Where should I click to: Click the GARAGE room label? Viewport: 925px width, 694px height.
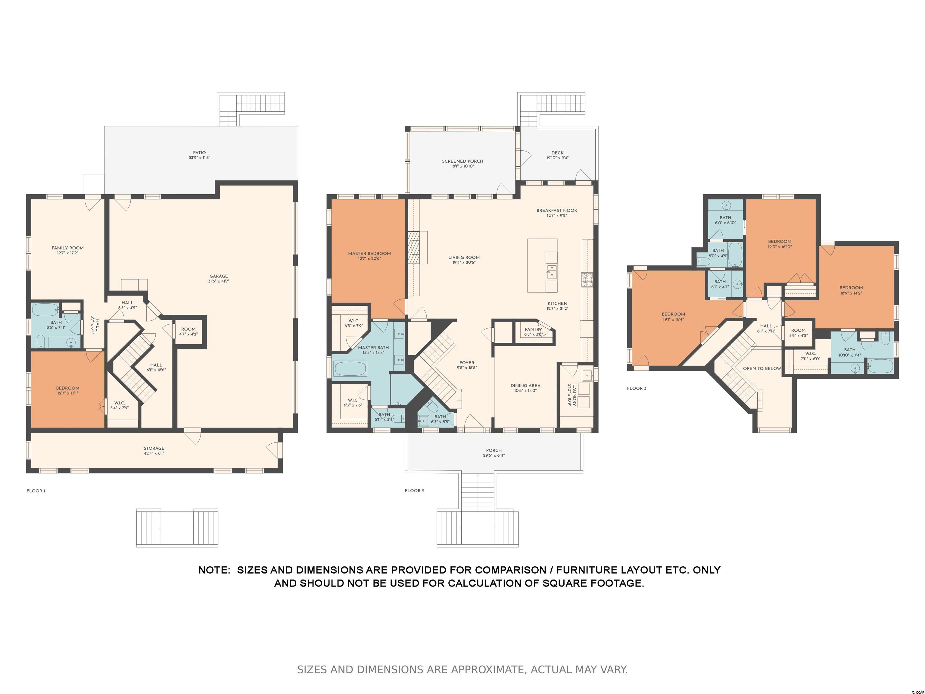click(x=219, y=276)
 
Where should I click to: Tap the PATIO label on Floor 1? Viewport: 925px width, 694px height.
click(x=199, y=153)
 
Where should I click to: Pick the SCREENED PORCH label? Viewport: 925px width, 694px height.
click(x=462, y=161)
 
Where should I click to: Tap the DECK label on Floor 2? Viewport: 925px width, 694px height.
click(x=557, y=153)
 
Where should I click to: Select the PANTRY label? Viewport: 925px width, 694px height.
click(x=533, y=330)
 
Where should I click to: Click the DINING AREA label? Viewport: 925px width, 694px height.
click(x=525, y=386)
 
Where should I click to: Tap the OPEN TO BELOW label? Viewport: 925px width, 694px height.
click(x=762, y=369)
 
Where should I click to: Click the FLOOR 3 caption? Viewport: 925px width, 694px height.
click(x=637, y=389)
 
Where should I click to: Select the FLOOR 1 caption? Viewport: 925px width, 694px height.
click(x=36, y=491)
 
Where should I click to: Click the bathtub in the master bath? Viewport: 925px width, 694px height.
click(x=350, y=369)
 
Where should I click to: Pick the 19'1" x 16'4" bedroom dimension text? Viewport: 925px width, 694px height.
click(x=673, y=319)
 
